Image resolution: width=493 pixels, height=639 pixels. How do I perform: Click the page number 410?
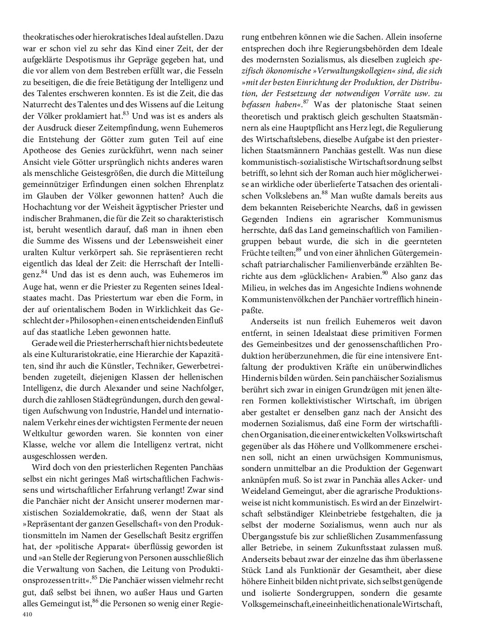tap(27, 615)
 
